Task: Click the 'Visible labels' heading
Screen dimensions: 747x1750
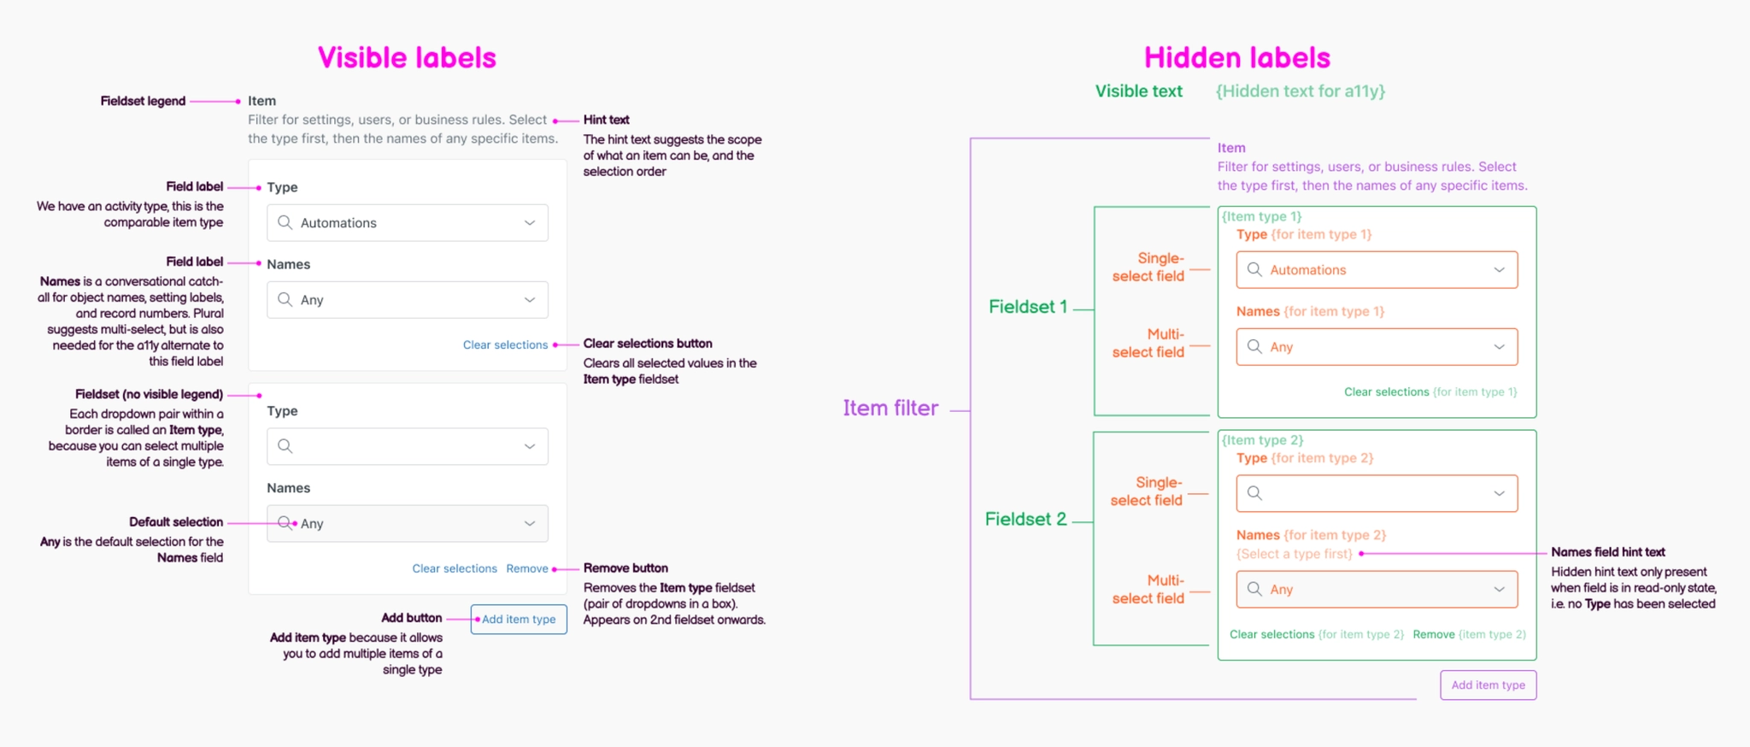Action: (407, 58)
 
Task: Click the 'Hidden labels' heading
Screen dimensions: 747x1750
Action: (1236, 58)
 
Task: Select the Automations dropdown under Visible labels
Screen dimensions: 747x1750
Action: (408, 223)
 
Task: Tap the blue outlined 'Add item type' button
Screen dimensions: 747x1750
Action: (519, 620)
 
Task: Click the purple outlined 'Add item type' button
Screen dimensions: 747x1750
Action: (1488, 685)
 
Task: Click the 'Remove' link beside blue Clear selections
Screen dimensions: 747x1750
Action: (527, 568)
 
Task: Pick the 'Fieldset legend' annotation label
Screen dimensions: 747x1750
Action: (143, 101)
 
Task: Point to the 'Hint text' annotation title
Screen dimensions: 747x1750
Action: (607, 120)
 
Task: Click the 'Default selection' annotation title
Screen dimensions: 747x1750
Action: (176, 522)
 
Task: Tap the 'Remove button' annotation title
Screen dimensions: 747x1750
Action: (625, 568)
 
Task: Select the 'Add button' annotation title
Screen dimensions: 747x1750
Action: (411, 618)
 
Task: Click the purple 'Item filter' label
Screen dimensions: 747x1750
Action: (890, 409)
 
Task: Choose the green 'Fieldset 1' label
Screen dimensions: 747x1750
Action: (1027, 307)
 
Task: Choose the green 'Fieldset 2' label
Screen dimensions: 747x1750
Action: (1025, 519)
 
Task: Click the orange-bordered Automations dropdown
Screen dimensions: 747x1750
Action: (1377, 270)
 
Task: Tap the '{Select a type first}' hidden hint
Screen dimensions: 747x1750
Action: (1294, 554)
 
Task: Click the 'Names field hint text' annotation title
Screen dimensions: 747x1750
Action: (1607, 552)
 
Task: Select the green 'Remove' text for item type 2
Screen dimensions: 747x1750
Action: (1433, 634)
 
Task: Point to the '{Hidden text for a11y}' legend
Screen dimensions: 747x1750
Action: (1300, 91)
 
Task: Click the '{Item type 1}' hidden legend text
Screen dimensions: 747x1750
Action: (1261, 216)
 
